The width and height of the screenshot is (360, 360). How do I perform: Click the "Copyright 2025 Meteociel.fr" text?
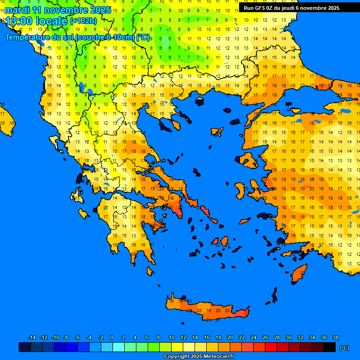pos(199,356)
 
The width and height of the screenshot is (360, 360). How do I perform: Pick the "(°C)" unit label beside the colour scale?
pos(344,347)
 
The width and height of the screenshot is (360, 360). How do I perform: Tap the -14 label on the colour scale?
pos(32,337)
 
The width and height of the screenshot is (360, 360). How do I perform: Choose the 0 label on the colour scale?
pos(112,337)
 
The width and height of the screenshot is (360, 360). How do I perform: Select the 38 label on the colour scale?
pos(335,337)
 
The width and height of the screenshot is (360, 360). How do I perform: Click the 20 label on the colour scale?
pos(230,337)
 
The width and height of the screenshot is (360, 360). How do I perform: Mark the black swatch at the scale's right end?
pos(330,347)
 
